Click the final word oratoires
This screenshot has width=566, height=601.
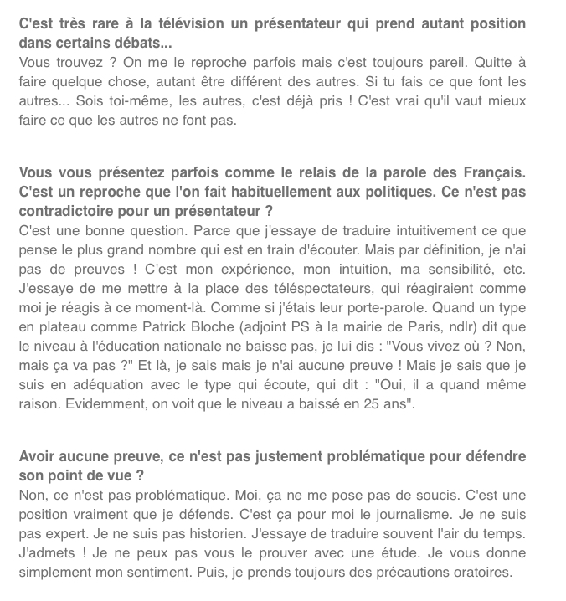(479, 573)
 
